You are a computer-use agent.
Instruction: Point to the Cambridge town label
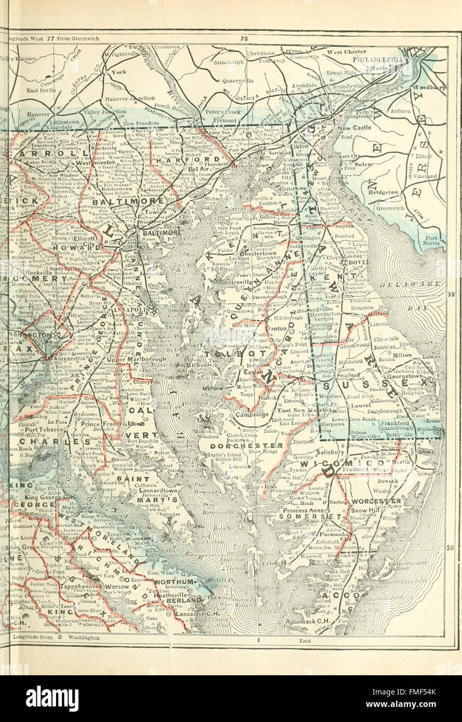pos(252,415)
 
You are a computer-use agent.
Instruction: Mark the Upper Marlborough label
pos(137,359)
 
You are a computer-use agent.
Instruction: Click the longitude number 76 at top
pos(244,38)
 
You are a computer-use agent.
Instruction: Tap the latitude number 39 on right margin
pos(451,295)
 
